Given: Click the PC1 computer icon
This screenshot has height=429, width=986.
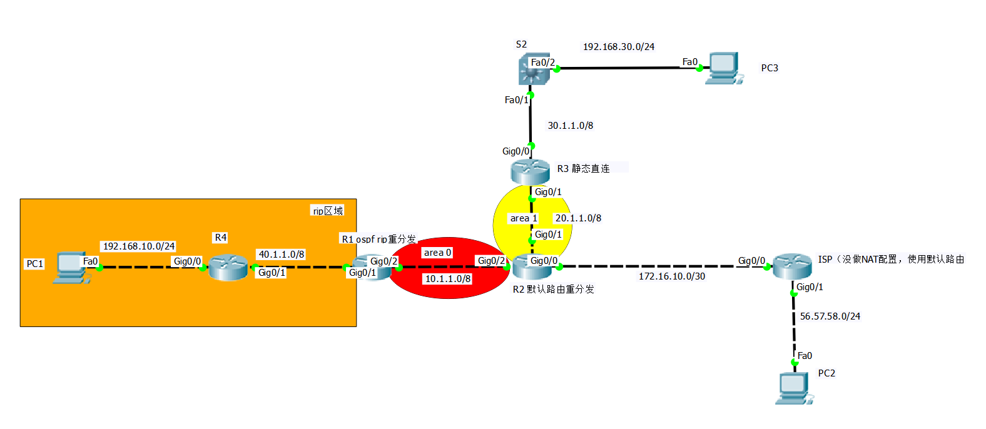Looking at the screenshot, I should [x=68, y=268].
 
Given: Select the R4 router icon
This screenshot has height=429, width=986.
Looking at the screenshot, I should [x=228, y=267].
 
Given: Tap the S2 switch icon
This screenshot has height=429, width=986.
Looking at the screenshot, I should [x=534, y=68].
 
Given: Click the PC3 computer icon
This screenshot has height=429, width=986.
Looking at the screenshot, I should [x=723, y=68].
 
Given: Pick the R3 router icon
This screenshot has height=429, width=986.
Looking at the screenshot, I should [x=530, y=171].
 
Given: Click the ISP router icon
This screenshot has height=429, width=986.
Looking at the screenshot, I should [x=791, y=266].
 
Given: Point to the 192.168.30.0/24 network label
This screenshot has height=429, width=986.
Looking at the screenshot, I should [x=618, y=47].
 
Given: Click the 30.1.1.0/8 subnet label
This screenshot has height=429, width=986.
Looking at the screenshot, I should [x=570, y=126].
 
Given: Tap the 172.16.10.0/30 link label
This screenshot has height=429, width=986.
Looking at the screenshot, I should [x=671, y=276].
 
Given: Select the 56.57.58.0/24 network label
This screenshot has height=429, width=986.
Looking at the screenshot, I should [x=830, y=316].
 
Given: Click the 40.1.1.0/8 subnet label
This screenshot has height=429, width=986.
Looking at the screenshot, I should [x=282, y=255].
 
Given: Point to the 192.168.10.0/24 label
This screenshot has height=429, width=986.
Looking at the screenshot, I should [x=138, y=246].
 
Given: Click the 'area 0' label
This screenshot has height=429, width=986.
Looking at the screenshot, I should [x=437, y=253].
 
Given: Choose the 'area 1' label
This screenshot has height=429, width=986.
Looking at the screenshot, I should [x=523, y=218].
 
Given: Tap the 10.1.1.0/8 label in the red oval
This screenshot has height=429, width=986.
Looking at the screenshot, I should [x=448, y=279].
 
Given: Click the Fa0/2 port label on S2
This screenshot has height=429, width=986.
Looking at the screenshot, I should [x=542, y=63].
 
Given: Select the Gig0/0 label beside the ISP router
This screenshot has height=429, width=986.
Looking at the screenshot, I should [x=751, y=261].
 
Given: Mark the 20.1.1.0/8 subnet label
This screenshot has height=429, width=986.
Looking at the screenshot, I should [x=578, y=218].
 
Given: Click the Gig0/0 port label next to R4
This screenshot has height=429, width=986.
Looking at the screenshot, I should [x=187, y=261].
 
